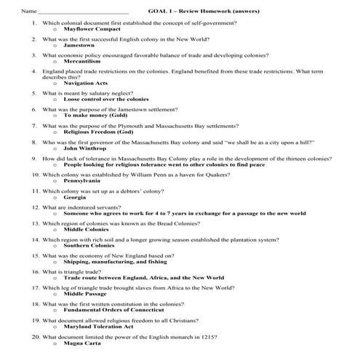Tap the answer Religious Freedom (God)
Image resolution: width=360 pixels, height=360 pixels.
(x=98, y=132)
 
